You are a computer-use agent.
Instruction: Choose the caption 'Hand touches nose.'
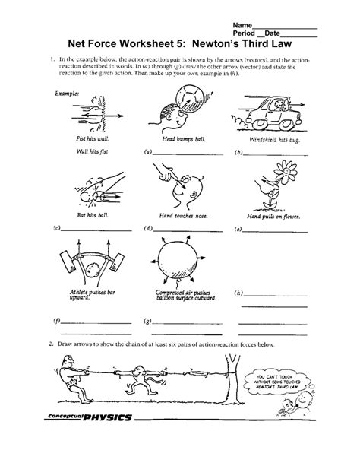click(176, 217)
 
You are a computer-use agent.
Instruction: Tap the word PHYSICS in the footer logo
click(109, 418)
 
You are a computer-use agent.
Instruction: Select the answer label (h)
click(238, 293)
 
